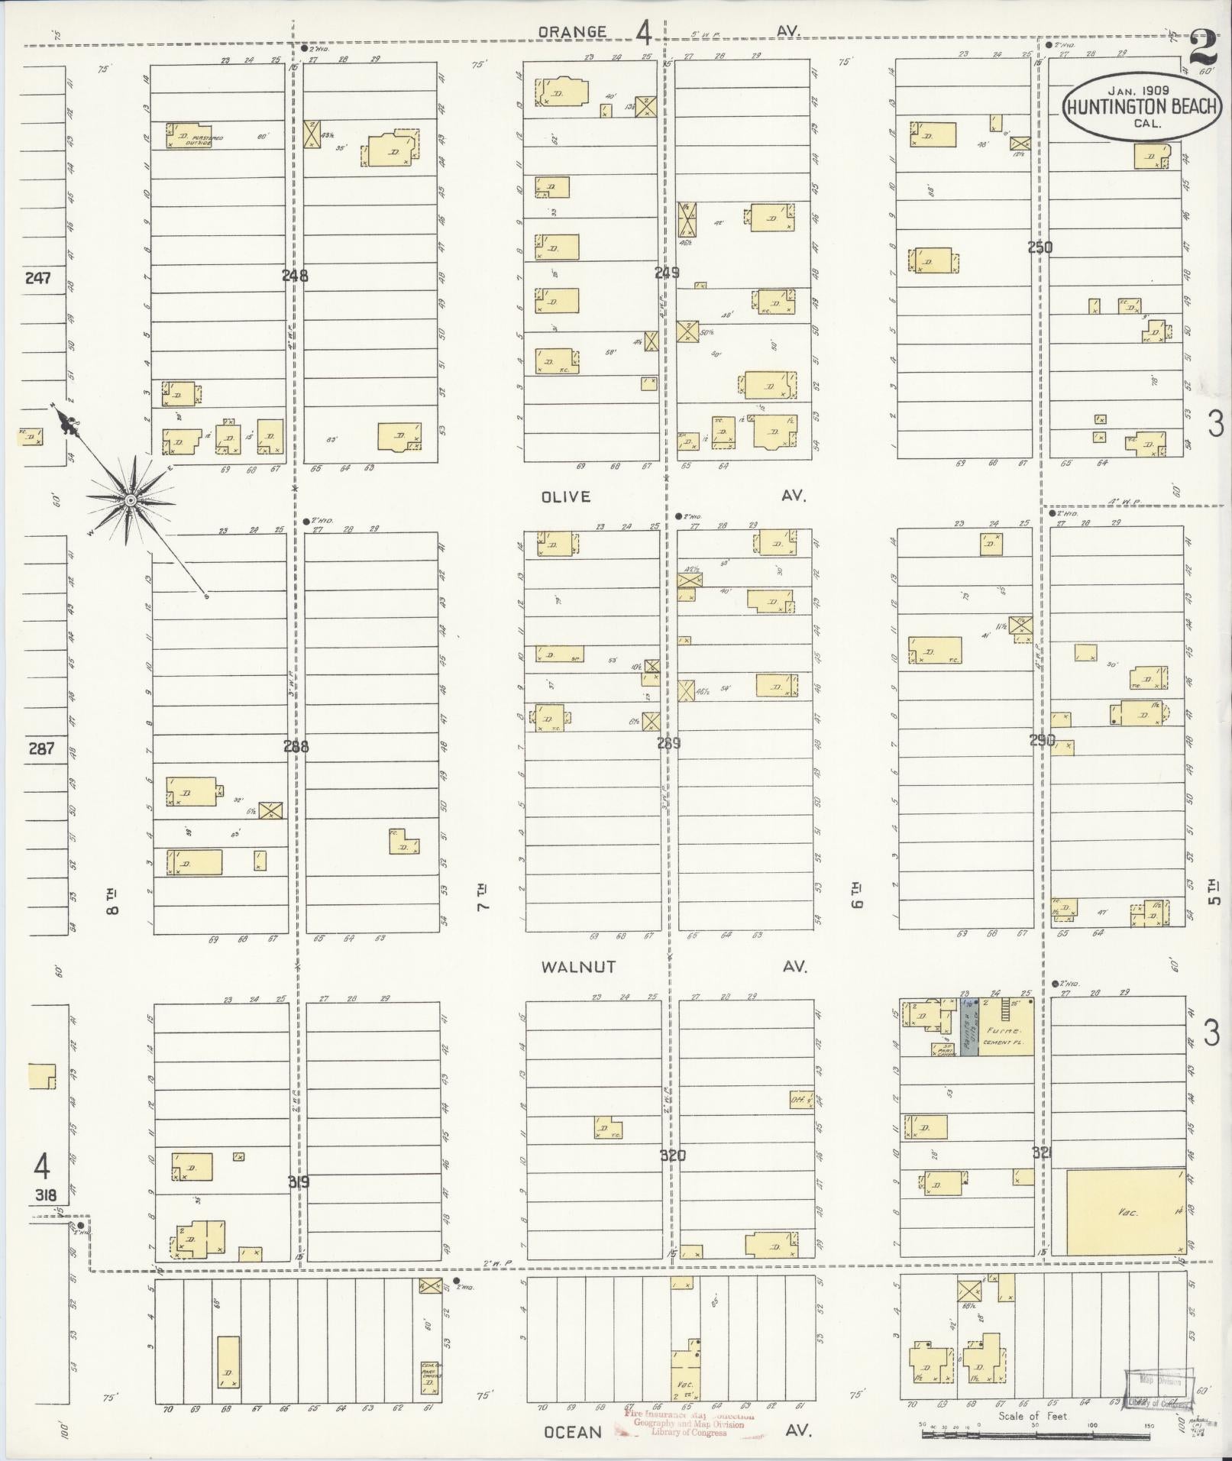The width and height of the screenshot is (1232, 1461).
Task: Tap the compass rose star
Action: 131,499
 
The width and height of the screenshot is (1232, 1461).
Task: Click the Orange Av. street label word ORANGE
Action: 571,32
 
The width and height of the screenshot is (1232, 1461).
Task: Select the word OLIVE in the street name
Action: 566,497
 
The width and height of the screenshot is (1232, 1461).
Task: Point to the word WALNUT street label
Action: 578,967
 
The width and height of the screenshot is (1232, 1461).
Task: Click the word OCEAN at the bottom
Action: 573,1431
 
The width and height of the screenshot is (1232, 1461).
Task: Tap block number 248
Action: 295,276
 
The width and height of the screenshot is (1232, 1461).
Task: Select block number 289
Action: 668,742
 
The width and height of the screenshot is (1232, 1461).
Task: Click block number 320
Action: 672,1156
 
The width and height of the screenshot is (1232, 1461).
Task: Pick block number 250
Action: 1040,247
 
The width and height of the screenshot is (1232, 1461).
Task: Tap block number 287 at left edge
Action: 41,748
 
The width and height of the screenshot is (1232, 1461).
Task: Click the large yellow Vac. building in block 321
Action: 1126,1212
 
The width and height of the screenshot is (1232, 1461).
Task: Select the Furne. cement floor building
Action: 1006,1028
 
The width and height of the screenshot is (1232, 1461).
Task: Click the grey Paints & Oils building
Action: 968,1028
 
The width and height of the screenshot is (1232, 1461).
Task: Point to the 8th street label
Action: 112,901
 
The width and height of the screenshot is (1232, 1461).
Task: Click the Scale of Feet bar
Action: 1035,1436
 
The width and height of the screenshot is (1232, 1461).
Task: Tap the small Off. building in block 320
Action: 800,1100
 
